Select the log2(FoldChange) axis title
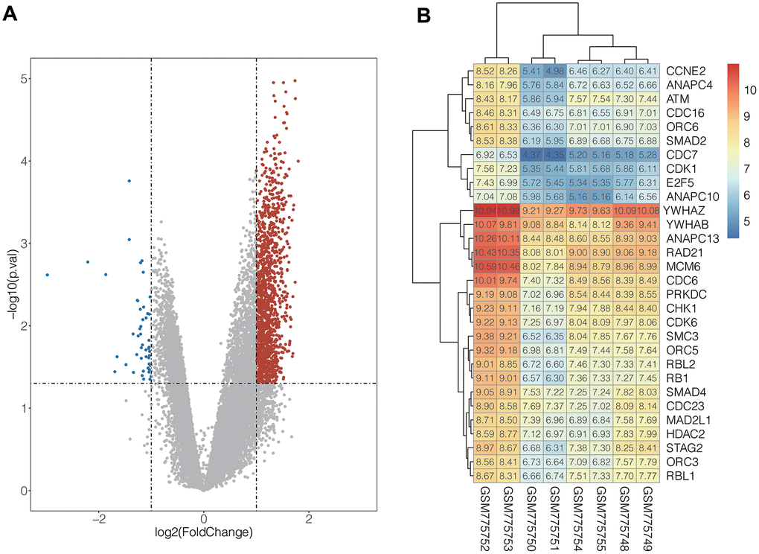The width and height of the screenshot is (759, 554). [x=203, y=532]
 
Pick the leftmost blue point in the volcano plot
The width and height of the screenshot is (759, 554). [x=47, y=275]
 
